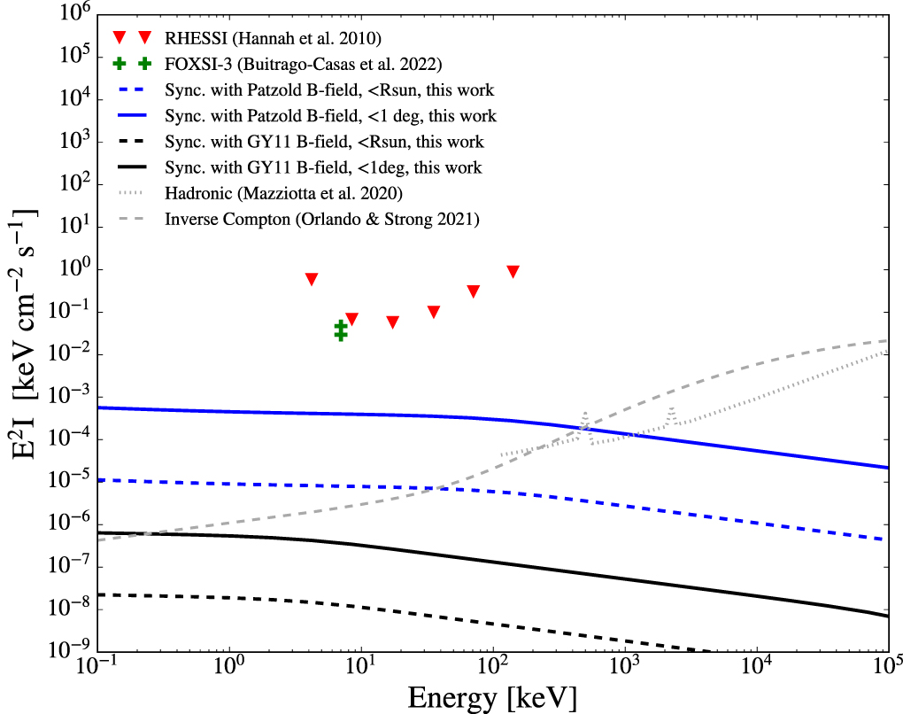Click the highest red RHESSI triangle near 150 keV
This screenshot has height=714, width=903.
(513, 271)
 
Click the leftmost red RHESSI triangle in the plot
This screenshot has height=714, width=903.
(312, 278)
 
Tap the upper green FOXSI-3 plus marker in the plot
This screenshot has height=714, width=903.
(341, 326)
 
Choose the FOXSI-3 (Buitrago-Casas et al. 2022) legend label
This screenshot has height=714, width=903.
(303, 65)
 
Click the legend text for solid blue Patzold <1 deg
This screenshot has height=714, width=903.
(330, 116)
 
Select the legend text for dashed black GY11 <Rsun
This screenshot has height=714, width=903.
(324, 142)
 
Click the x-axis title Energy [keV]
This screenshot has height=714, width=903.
(492, 697)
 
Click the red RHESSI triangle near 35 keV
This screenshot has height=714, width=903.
(434, 312)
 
